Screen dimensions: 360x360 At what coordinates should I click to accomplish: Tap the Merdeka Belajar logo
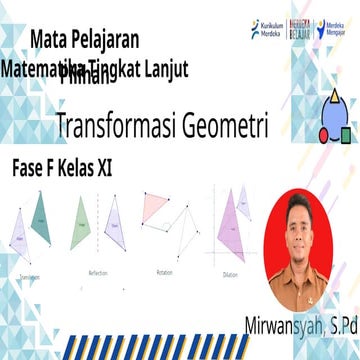click(298, 29)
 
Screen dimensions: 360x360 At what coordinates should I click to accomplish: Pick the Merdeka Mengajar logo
click(335, 30)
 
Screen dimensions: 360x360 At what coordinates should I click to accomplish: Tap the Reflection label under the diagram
click(98, 271)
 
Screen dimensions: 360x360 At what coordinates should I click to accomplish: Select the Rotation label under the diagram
click(165, 271)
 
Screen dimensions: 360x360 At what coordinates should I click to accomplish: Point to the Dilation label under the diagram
click(232, 271)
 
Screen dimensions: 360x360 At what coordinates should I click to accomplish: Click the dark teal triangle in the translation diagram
click(42, 220)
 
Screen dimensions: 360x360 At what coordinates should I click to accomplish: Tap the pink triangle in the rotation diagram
click(154, 208)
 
